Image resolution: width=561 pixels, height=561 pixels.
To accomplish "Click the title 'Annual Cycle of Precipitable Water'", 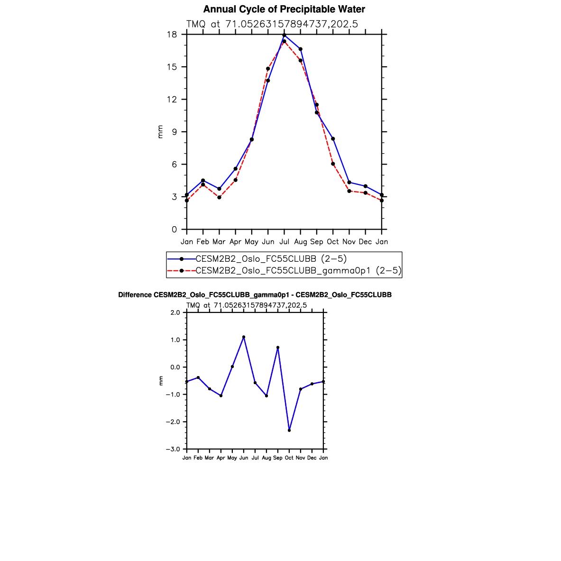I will pyautogui.click(x=284, y=9).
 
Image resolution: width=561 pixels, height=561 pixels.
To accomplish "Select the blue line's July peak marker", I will pyautogui.click(x=284, y=35).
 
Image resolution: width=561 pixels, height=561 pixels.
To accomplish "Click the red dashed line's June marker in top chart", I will pyautogui.click(x=268, y=69).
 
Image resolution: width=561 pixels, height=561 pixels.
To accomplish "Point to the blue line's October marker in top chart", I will pyautogui.click(x=333, y=138).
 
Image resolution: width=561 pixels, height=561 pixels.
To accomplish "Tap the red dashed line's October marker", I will pyautogui.click(x=333, y=164).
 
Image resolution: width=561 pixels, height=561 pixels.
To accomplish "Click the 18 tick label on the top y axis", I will pyautogui.click(x=172, y=35).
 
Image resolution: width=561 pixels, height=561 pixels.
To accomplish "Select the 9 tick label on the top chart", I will pyautogui.click(x=174, y=132).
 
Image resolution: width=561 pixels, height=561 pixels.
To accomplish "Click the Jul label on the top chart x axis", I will pyautogui.click(x=284, y=242).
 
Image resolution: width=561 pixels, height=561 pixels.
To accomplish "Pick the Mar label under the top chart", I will pyautogui.click(x=219, y=242).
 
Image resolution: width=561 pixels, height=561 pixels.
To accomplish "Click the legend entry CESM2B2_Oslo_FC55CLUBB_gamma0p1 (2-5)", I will pyautogui.click(x=298, y=271).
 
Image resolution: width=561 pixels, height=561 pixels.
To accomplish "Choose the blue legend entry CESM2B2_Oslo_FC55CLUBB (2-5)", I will pyautogui.click(x=271, y=258).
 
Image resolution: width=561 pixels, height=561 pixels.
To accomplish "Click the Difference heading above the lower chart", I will pyautogui.click(x=255, y=295).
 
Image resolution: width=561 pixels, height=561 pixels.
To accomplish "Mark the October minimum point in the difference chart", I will pyautogui.click(x=289, y=430).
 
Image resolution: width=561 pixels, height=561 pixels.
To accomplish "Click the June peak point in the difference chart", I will pyautogui.click(x=244, y=337).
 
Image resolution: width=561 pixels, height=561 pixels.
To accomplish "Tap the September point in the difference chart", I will pyautogui.click(x=278, y=348).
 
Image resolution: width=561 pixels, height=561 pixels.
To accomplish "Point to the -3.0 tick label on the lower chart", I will pyautogui.click(x=172, y=449).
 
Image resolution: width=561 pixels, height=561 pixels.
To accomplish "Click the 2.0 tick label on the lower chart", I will pyautogui.click(x=175, y=313).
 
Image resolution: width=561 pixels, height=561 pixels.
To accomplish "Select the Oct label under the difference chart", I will pyautogui.click(x=289, y=458).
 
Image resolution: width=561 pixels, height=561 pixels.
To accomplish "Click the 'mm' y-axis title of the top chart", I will pyautogui.click(x=160, y=132).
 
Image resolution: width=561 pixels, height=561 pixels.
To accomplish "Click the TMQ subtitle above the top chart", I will pyautogui.click(x=272, y=24).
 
